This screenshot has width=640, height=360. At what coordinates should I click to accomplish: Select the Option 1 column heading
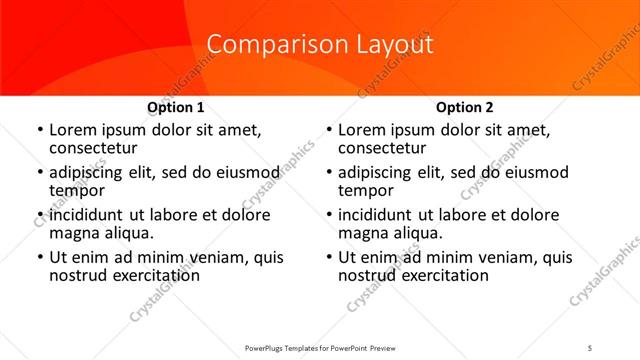(x=176, y=107)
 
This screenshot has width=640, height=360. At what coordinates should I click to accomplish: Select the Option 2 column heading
(x=464, y=107)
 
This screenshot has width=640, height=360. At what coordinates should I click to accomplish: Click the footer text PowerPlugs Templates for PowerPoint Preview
(x=319, y=347)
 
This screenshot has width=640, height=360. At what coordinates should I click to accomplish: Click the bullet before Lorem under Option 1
(x=39, y=130)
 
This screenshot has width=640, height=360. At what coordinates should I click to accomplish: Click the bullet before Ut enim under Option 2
(x=328, y=257)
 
